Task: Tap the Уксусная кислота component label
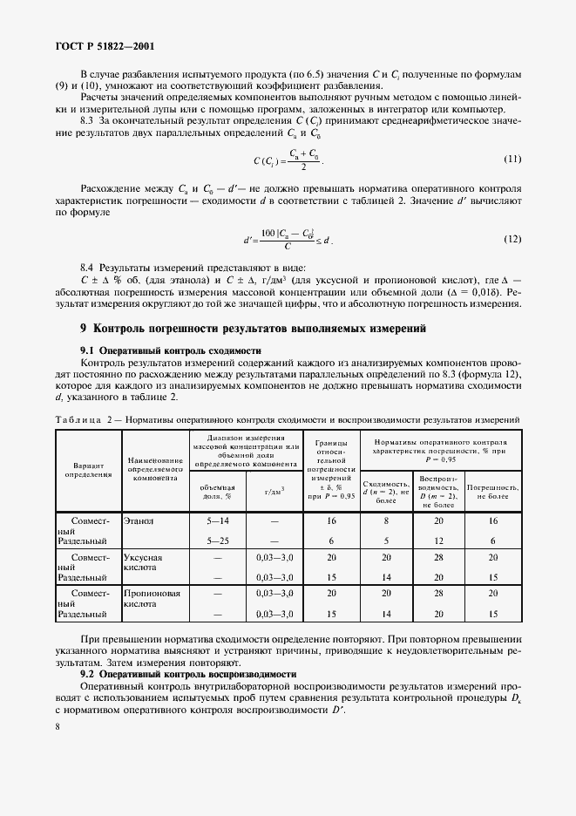(144, 562)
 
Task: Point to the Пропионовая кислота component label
(152, 599)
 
